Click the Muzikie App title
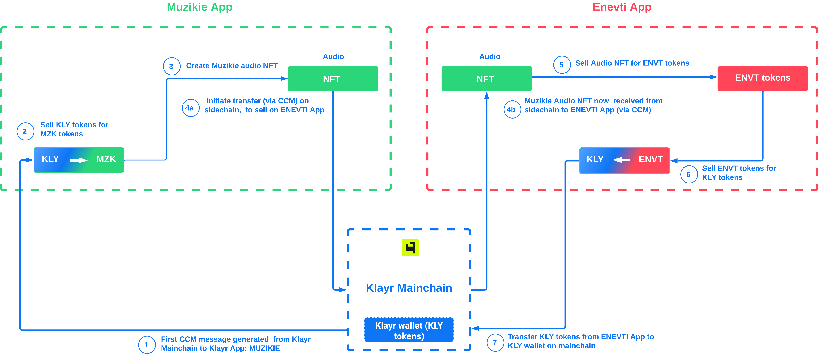pyautogui.click(x=199, y=7)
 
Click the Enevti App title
pyautogui.click(x=622, y=7)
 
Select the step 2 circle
pyautogui.click(x=25, y=131)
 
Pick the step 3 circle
pyautogui.click(x=171, y=66)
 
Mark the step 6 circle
pyautogui.click(x=689, y=174)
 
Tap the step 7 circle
pyautogui.click(x=495, y=343)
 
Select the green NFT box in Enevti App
pyautogui.click(x=486, y=79)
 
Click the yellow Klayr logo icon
pyautogui.click(x=410, y=247)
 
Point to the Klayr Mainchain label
pyautogui.click(x=409, y=288)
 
